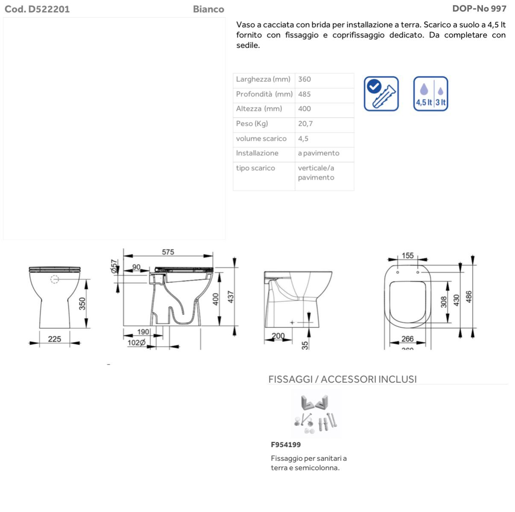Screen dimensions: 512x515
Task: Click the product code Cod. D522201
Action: coord(37,9)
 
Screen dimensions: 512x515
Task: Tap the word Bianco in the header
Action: coord(208,9)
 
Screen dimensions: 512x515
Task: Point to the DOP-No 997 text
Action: coord(479,9)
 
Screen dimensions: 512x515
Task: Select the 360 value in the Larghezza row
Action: coord(304,79)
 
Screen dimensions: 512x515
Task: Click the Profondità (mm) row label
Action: coord(264,94)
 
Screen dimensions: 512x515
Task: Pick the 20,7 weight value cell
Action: coord(305,124)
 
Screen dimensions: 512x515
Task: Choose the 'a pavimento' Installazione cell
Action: coord(319,153)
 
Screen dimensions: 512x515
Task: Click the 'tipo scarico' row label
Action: coord(255,168)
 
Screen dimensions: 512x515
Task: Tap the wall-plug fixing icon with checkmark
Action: coord(381,94)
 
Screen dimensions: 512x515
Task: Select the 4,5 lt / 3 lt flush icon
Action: coord(430,94)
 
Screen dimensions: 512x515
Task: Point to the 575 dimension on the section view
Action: coord(168,252)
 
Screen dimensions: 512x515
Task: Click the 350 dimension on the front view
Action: coord(82,303)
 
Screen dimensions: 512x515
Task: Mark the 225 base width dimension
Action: coord(55,339)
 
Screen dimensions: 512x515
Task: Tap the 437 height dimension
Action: coord(231,297)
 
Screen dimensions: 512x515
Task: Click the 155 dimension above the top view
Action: coord(408,256)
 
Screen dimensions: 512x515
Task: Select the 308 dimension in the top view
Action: coord(444,302)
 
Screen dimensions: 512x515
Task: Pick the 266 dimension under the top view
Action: coord(407,339)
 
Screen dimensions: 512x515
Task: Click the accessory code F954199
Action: coord(286,445)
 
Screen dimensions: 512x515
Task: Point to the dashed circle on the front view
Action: coord(55,279)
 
